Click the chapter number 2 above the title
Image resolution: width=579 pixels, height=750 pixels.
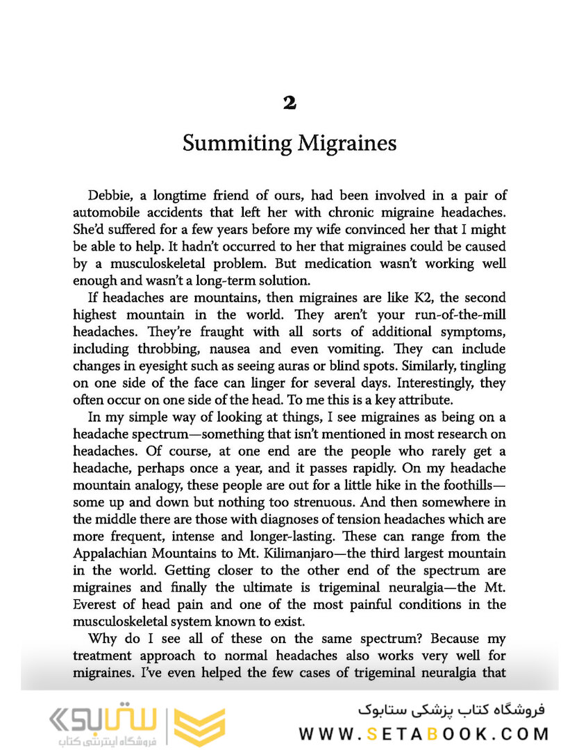pyautogui.click(x=289, y=103)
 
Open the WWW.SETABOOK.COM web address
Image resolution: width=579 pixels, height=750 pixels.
pyautogui.click(x=424, y=733)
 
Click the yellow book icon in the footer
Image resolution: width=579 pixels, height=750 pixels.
pyautogui.click(x=199, y=726)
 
